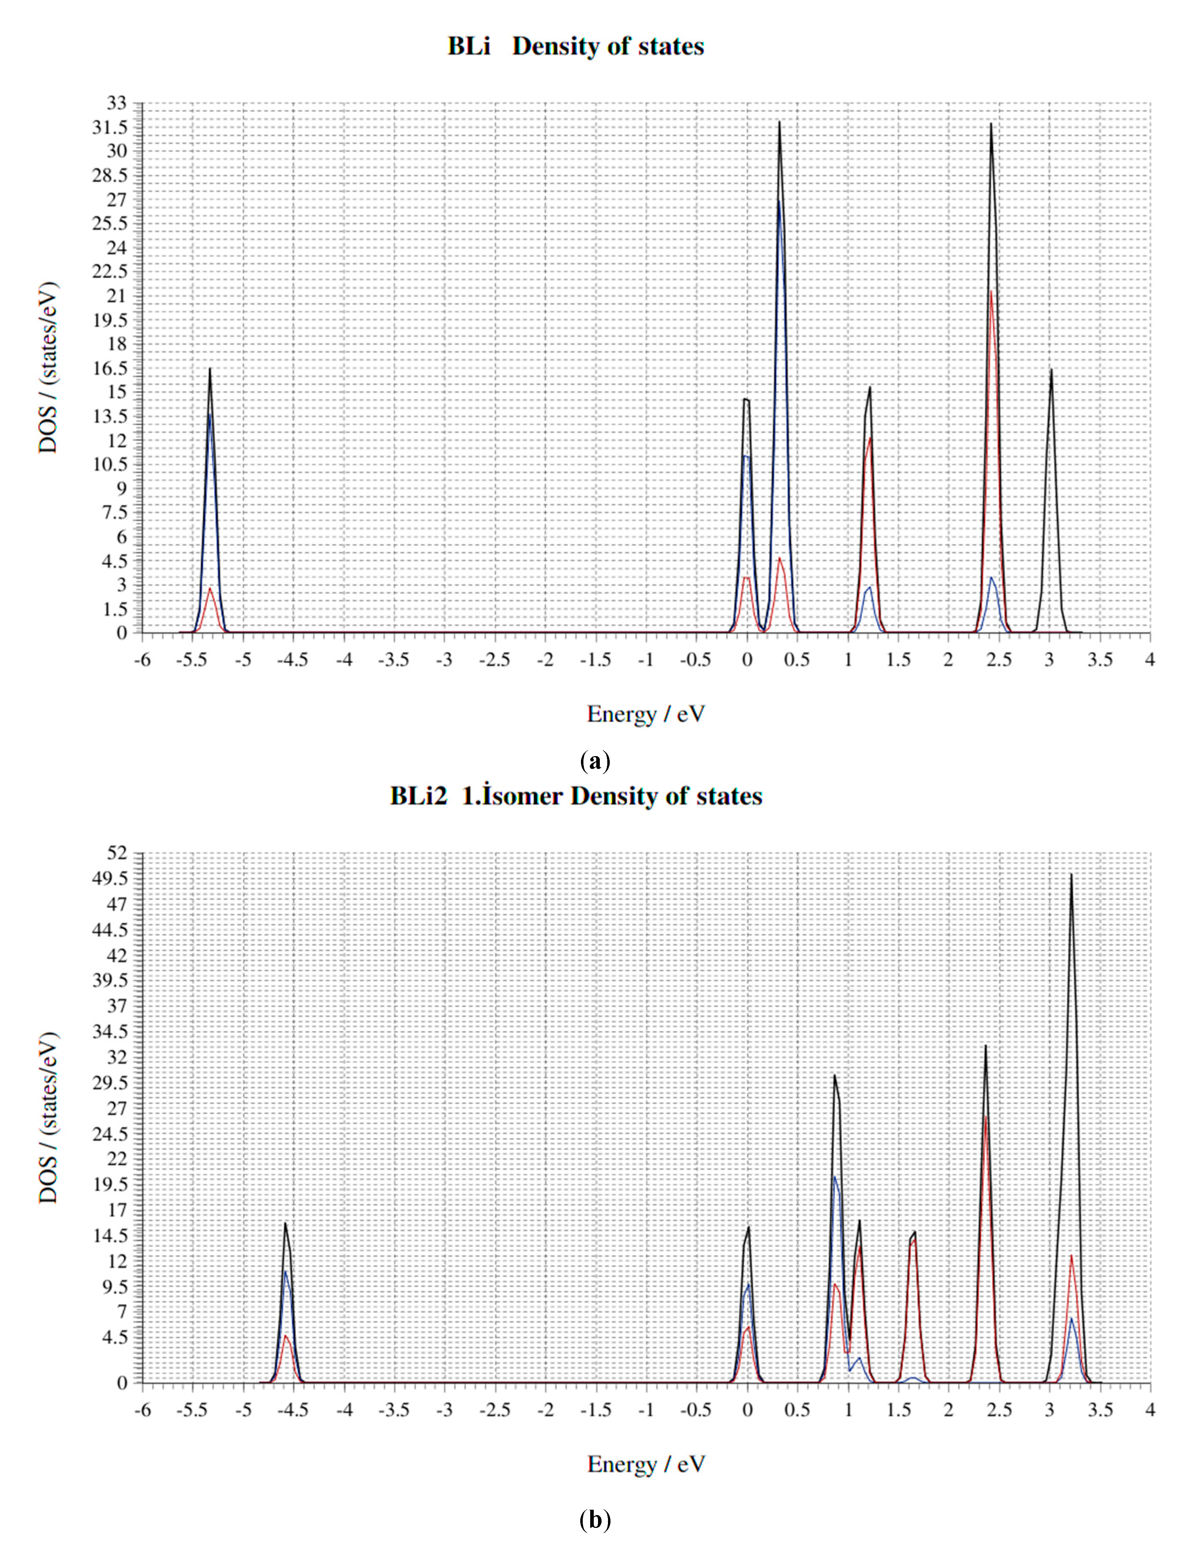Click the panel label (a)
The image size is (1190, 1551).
tap(594, 763)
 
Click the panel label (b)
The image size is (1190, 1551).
tap(594, 1520)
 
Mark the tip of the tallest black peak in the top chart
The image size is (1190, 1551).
tap(779, 122)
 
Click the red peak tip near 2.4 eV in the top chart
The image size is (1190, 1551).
tap(991, 291)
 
